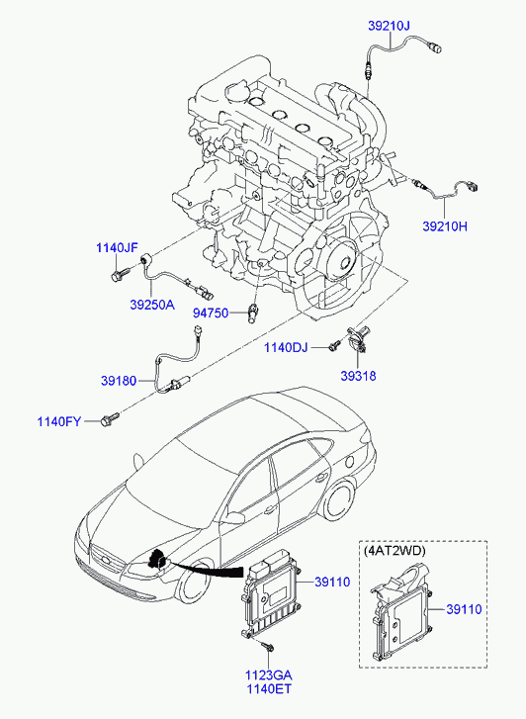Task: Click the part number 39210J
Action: pos(389,26)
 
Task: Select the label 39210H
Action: pos(445,226)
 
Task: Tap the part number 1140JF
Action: pos(117,248)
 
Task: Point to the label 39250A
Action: pos(152,305)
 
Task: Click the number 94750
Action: pos(211,314)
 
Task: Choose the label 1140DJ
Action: pos(286,347)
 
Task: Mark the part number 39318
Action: pos(358,376)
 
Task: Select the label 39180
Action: pos(119,381)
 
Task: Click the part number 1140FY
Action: pos(59,421)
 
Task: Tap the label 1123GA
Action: pos(268,674)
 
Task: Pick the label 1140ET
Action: pos(269,688)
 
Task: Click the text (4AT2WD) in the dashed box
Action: pos(394,551)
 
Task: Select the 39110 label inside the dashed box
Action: pos(464,609)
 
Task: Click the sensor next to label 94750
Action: pos(253,313)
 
